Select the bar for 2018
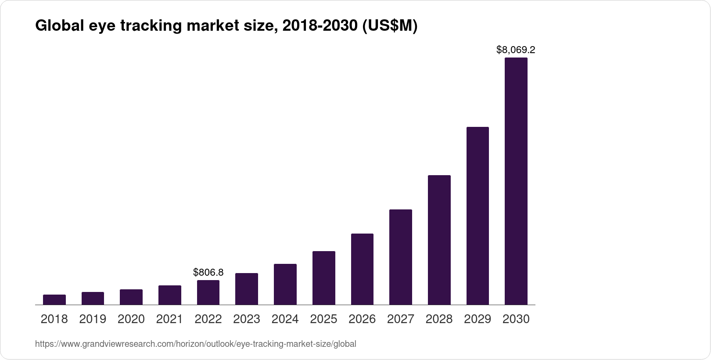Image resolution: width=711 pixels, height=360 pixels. tap(54, 300)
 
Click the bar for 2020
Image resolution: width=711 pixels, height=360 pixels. tap(131, 297)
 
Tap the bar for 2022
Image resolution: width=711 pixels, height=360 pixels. tap(208, 292)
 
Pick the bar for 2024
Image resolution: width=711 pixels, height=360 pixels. tap(285, 284)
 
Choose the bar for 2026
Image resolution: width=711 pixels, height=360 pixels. tap(362, 269)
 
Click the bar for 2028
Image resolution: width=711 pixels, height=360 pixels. tap(439, 240)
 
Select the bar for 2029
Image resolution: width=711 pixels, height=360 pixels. tap(478, 216)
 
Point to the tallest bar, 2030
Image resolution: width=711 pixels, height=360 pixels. tap(516, 181)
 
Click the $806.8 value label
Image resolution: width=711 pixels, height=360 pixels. tap(208, 272)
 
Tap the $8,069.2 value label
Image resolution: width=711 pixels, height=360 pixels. tap(516, 50)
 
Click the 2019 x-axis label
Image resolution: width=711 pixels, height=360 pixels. tap(93, 319)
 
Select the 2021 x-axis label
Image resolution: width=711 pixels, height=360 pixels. tap(169, 319)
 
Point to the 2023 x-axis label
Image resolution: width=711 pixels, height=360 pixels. tap(247, 319)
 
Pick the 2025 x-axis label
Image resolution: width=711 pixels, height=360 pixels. tap(323, 319)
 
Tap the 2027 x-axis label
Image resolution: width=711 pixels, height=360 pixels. tap(401, 319)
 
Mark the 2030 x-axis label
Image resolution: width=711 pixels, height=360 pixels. tap(516, 319)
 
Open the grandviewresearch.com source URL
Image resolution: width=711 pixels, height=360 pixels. tap(195, 344)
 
